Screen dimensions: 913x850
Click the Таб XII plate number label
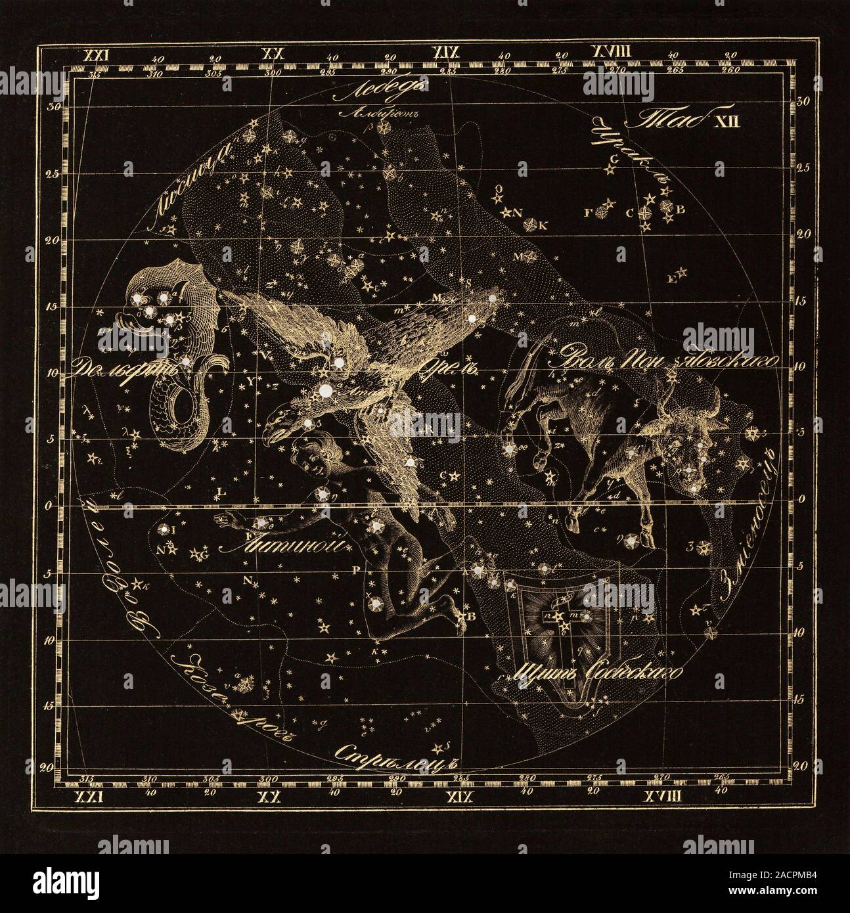683,120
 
